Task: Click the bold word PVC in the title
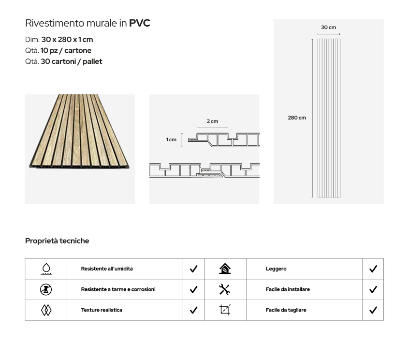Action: click(x=140, y=23)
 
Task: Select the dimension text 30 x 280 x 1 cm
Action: click(x=67, y=40)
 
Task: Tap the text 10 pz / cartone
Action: click(x=66, y=50)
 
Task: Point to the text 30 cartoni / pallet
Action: click(x=72, y=61)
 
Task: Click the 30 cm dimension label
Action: click(x=328, y=27)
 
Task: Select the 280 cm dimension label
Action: click(x=297, y=118)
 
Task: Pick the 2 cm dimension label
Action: click(x=212, y=121)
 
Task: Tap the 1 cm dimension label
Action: click(x=171, y=140)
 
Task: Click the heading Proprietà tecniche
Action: click(x=57, y=241)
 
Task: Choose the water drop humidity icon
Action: click(x=46, y=269)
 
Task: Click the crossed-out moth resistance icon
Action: click(x=46, y=290)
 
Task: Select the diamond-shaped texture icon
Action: click(x=46, y=310)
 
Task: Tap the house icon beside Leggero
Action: click(x=225, y=269)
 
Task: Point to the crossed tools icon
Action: click(x=224, y=289)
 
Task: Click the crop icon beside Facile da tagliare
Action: click(x=225, y=310)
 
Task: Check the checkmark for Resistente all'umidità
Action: click(x=193, y=269)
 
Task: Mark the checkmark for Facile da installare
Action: click(x=373, y=289)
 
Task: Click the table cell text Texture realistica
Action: click(x=102, y=310)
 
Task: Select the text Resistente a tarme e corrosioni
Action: click(x=118, y=289)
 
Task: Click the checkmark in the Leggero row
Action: click(x=373, y=269)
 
